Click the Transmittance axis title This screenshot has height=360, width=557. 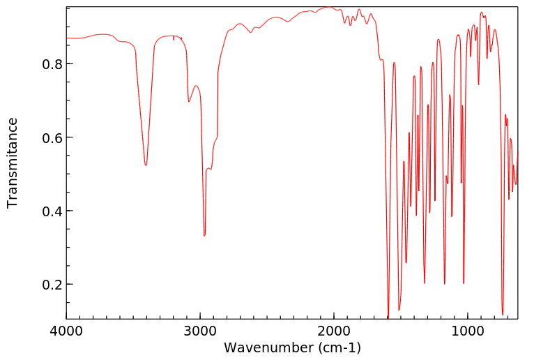13,163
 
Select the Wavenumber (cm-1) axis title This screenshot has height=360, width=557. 292,347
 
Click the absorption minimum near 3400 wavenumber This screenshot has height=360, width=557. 146,165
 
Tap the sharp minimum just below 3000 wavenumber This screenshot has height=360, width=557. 204,236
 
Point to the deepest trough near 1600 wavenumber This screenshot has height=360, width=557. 388,316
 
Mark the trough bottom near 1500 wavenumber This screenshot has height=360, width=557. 399,310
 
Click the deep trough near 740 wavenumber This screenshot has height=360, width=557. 503,315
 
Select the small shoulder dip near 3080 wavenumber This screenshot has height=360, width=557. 189,102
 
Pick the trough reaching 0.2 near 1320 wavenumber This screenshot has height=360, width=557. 425,283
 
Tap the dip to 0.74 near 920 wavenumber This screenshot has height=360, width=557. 478,84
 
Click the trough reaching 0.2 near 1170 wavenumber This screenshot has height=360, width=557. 445,284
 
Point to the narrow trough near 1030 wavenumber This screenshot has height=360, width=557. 464,283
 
